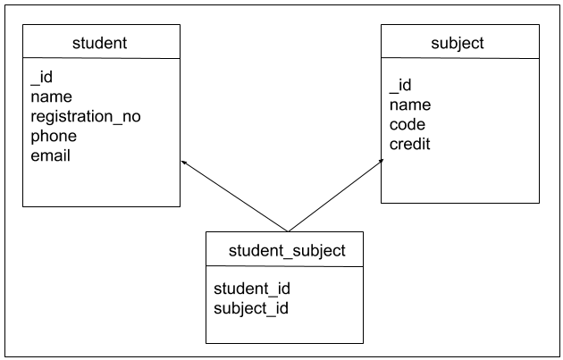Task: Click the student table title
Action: click(100, 42)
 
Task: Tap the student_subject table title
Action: click(286, 250)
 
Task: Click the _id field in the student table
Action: click(42, 78)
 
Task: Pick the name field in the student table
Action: click(51, 96)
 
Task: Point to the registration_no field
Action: click(86, 117)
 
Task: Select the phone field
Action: click(54, 136)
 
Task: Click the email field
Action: click(50, 155)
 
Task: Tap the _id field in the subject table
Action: click(400, 86)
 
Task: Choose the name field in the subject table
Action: click(409, 105)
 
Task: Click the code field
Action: click(408, 124)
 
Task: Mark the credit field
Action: click(409, 144)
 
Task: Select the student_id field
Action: click(252, 289)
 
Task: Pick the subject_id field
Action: click(251, 308)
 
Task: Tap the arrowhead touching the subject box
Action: click(378, 164)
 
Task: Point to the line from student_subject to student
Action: click(234, 197)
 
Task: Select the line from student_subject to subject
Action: click(332, 197)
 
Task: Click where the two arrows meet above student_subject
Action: click(286, 230)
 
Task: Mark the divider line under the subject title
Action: click(459, 59)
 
